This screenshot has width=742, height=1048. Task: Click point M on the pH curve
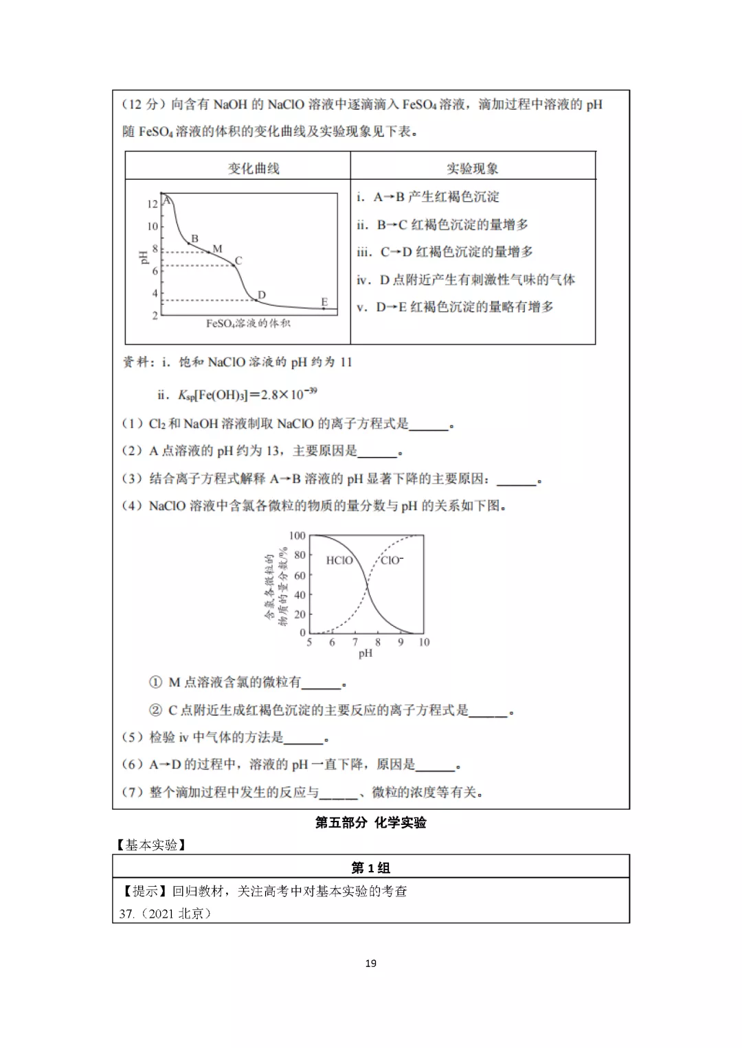[217, 249]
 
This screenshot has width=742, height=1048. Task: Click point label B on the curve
[195, 238]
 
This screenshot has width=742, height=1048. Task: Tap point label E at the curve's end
[324, 302]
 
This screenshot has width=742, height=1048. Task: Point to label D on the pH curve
[262, 295]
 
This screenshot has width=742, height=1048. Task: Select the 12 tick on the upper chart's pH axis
[153, 204]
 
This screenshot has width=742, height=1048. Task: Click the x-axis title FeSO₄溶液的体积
[249, 323]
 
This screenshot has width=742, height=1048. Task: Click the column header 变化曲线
[254, 168]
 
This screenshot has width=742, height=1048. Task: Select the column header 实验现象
[473, 168]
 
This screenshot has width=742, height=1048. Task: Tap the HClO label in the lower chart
[339, 561]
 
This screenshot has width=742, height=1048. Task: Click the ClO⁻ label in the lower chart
[392, 561]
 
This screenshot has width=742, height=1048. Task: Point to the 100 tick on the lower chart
[297, 536]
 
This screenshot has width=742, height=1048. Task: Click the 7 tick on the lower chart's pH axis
[355, 642]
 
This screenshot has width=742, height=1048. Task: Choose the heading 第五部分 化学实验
[371, 823]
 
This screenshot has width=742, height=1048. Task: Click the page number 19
[371, 964]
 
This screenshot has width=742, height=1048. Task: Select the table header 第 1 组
[371, 867]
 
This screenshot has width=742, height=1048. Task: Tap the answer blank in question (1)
[429, 425]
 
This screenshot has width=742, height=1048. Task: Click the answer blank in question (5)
[304, 738]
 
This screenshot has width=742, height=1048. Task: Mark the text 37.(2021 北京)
[166, 913]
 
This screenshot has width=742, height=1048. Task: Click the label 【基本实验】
[152, 845]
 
